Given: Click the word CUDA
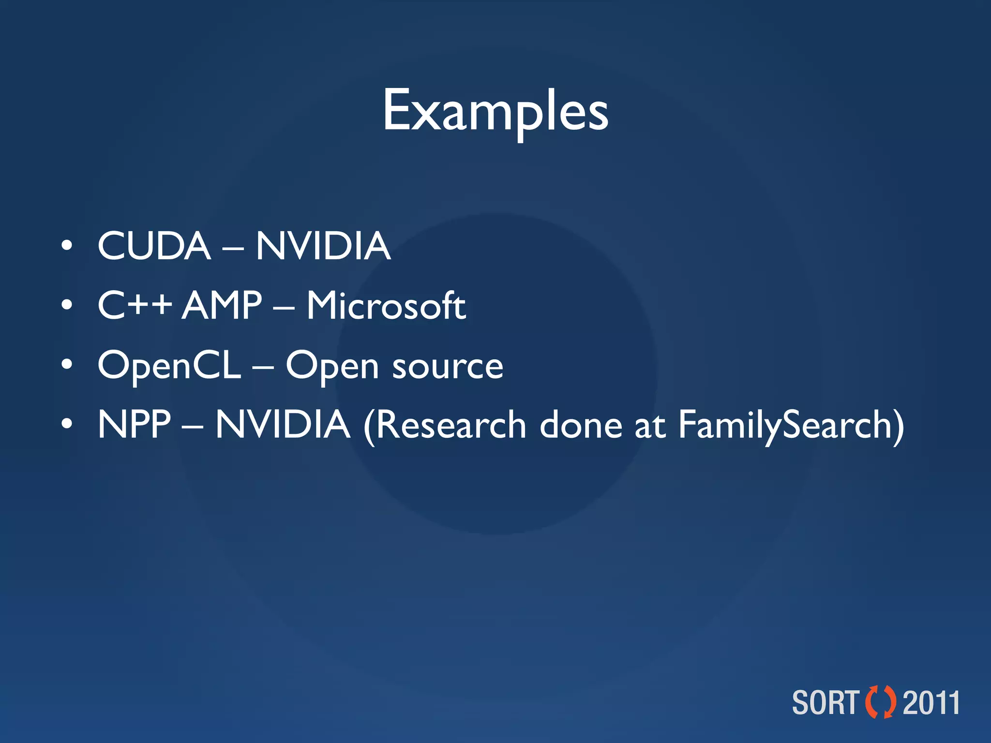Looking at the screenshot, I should pos(154,246).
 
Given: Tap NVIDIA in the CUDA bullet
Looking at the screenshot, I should pos(323,246).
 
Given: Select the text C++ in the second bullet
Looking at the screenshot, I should pos(135,305).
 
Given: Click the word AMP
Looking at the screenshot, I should pos(222,305).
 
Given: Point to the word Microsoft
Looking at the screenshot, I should pos(386,306).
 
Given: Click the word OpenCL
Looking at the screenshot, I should pos(169,366).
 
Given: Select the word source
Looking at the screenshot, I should pos(448,367).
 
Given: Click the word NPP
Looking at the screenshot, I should pos(134,425).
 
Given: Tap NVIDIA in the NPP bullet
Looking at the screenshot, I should pos(283,425).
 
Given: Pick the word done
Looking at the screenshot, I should pos(581,426).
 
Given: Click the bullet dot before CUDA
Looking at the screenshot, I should pos(67,246).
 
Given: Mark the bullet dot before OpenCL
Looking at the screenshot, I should pos(67,365).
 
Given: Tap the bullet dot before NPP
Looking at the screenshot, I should pos(67,424).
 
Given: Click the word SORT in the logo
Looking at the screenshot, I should pos(826,703).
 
